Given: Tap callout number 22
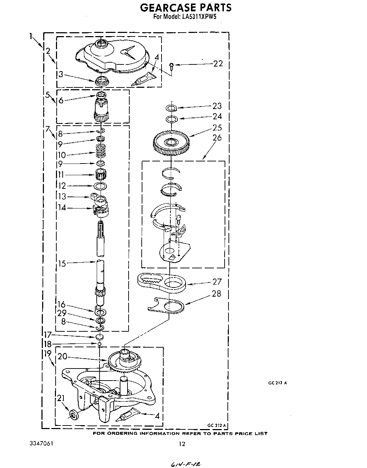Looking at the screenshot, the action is [x=218, y=63].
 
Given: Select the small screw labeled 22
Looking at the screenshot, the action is [x=171, y=65].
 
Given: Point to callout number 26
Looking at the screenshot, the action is [x=217, y=137].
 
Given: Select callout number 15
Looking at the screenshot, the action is [x=62, y=263].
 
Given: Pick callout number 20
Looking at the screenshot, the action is [x=62, y=356].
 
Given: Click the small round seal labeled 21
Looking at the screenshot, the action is [x=74, y=414].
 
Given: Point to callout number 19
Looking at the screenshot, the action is [x=48, y=354].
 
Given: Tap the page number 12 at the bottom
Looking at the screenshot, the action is [x=182, y=444].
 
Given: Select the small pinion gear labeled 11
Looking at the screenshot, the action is [x=101, y=174].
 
